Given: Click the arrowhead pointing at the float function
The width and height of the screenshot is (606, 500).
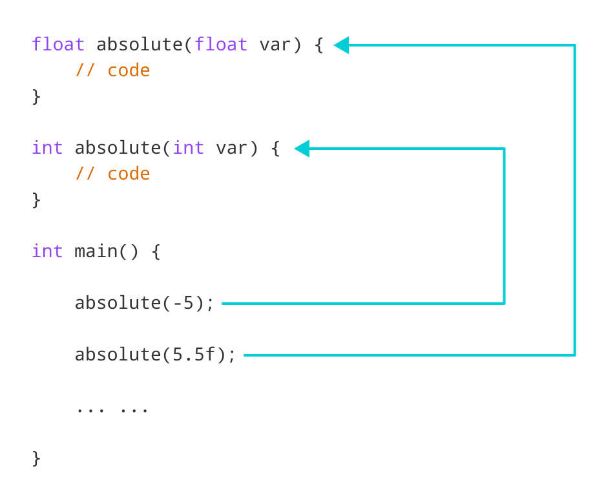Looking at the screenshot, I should (x=341, y=45).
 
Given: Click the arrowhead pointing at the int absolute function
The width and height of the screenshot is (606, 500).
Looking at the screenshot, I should (x=302, y=149).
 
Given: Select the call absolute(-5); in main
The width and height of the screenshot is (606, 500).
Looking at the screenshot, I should (x=144, y=302).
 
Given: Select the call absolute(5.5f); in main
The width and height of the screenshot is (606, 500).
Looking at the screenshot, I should (x=156, y=355).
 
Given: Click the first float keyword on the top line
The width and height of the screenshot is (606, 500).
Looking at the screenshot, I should (x=58, y=45).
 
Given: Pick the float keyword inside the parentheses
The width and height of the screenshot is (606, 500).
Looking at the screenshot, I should (x=221, y=45).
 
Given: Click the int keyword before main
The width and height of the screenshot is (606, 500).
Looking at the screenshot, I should (x=47, y=251).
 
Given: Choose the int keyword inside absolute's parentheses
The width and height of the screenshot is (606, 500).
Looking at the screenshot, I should (x=189, y=148).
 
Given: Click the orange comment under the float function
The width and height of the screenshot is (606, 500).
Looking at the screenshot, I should (x=112, y=70).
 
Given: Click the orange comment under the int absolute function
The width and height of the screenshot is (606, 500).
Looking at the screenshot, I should (x=112, y=174).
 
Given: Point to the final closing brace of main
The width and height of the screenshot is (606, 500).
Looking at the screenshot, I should (x=36, y=458).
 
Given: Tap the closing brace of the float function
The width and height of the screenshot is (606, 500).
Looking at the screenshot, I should (x=36, y=96).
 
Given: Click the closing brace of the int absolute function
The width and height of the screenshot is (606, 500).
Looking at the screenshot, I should (x=36, y=200).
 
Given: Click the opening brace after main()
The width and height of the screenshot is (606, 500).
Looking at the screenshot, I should (x=156, y=251).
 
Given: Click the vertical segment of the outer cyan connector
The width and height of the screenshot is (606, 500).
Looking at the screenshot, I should (x=574, y=200).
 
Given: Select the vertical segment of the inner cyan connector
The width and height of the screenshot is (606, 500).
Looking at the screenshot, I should (x=504, y=226).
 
